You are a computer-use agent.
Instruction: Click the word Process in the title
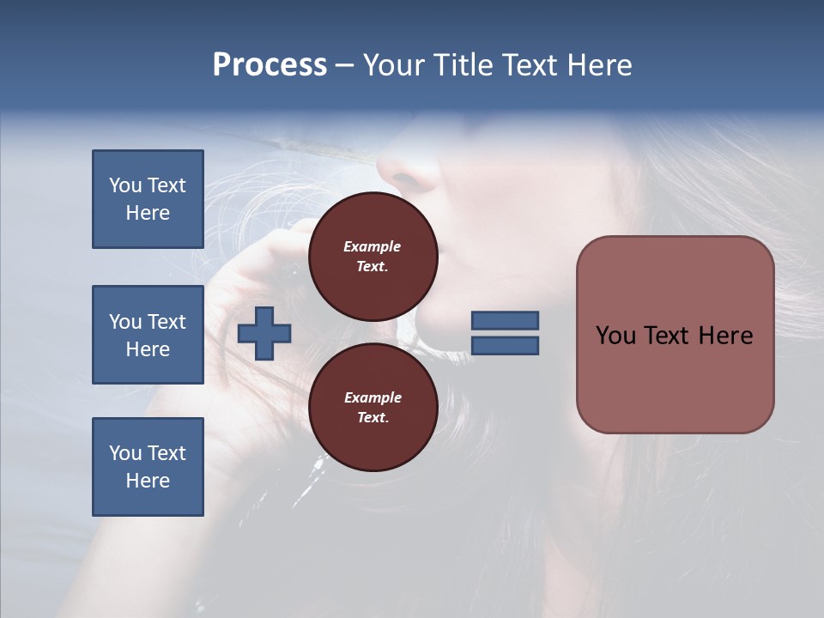[270, 65]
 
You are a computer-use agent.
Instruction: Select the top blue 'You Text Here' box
[148, 199]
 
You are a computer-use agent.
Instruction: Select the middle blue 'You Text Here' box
[148, 335]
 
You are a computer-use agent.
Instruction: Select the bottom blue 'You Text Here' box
[148, 467]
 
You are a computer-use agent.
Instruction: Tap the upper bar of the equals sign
[505, 321]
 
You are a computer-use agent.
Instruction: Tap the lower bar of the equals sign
[505, 346]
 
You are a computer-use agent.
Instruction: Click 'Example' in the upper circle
[373, 246]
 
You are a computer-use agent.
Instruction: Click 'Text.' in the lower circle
[373, 418]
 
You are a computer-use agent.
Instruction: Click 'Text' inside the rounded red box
[663, 336]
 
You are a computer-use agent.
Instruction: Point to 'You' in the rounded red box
[615, 336]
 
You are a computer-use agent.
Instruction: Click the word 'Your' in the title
[395, 65]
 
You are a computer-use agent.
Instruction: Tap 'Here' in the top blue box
[148, 213]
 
